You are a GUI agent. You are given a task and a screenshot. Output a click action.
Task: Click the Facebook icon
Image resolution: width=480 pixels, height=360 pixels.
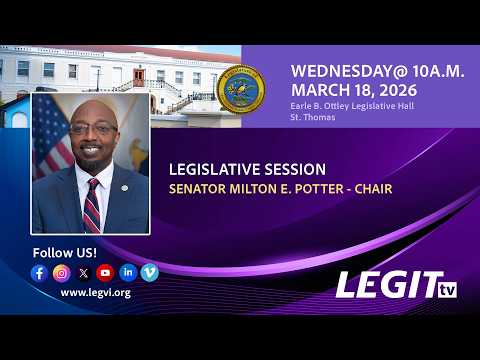39,273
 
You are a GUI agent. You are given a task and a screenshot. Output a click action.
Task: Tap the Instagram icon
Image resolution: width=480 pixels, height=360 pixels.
62,273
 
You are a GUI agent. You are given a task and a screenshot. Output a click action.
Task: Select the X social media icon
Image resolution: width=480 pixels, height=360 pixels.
84,273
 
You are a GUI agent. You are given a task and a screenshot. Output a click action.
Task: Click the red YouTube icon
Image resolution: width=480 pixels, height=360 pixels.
105,273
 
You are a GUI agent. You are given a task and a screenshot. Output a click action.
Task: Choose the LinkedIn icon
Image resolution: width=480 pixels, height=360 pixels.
128,273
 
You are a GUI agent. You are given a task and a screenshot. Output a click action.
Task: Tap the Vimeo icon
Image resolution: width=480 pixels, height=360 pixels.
150,273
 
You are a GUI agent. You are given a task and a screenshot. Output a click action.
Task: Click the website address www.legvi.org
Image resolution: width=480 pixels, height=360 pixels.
96,293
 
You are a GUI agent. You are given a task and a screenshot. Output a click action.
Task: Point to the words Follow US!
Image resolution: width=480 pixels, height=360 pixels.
65,253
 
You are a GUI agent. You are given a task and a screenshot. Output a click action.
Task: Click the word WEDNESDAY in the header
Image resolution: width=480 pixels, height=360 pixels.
345,71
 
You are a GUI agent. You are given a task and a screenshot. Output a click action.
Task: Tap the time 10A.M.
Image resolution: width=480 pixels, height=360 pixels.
438,71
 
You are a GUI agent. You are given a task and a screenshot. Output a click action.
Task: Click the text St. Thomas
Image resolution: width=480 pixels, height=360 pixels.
313,117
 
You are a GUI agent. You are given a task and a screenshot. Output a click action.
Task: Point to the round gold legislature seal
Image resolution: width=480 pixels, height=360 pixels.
241,89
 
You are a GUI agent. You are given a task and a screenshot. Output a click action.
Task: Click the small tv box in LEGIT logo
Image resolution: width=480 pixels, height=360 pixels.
447,290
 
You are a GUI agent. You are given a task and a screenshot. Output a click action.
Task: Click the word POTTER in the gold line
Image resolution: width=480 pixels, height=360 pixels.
319,189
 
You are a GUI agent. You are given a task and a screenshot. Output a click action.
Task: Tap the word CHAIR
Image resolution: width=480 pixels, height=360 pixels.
373,189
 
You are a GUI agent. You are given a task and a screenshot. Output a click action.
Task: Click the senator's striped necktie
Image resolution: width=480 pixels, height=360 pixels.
92,206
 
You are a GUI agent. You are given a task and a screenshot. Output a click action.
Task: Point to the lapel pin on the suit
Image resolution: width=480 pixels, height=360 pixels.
125,188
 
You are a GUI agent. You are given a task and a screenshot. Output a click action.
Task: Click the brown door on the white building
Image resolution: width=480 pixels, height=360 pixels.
139,77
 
